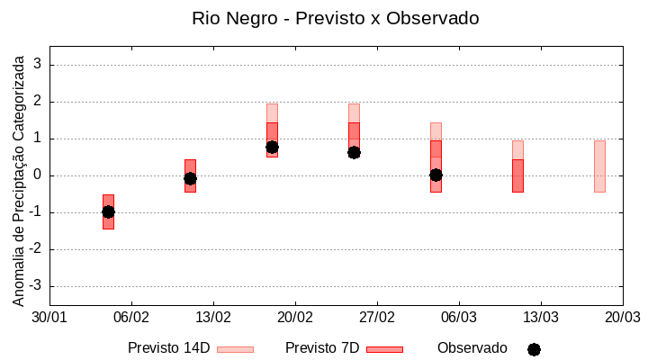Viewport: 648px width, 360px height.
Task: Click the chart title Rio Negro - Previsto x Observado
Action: pyautogui.click(x=335, y=18)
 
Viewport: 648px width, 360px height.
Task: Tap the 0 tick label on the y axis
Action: pyautogui.click(x=38, y=175)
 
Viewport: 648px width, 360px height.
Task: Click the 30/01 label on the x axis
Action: pyautogui.click(x=49, y=318)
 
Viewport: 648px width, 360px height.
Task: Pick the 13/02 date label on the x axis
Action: pyautogui.click(x=213, y=318)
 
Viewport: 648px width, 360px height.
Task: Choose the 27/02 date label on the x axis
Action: pyautogui.click(x=377, y=318)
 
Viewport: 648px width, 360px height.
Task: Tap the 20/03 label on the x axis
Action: pyautogui.click(x=622, y=318)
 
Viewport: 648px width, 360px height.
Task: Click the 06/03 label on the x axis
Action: pyautogui.click(x=459, y=318)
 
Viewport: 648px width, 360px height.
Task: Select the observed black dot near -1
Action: pyautogui.click(x=108, y=211)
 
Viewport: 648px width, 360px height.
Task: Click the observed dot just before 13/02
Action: pyautogui.click(x=190, y=178)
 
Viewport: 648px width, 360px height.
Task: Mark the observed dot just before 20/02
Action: pyautogui.click(x=272, y=147)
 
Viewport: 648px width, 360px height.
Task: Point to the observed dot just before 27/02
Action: pyautogui.click(x=354, y=152)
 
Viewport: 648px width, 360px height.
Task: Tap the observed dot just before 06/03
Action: pyautogui.click(x=436, y=175)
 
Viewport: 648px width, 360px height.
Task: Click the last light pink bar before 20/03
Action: pyautogui.click(x=599, y=166)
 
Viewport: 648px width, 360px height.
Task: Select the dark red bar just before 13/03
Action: pyautogui.click(x=517, y=175)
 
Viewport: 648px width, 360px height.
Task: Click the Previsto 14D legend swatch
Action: pyautogui.click(x=235, y=349)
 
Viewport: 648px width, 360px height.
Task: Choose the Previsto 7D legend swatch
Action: pyautogui.click(x=384, y=349)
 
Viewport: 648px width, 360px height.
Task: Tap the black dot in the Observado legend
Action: pyautogui.click(x=534, y=349)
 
